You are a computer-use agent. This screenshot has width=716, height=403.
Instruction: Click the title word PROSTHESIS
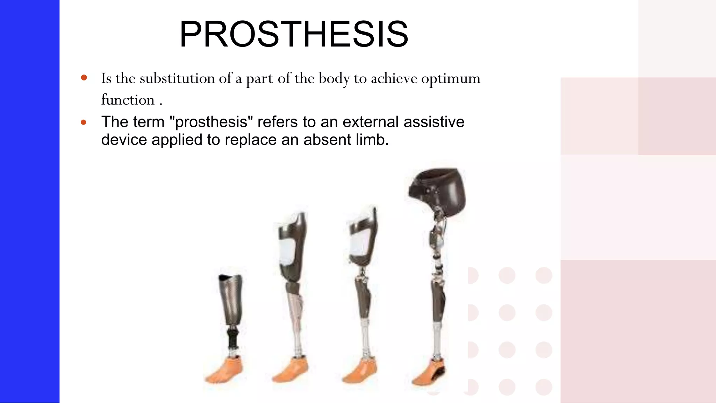pyautogui.click(x=294, y=34)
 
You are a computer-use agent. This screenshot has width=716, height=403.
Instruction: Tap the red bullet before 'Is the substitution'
pyautogui.click(x=84, y=78)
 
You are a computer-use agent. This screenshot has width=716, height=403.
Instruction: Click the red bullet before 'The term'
pyautogui.click(x=84, y=122)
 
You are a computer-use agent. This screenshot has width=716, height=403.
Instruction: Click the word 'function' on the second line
pyautogui.click(x=128, y=100)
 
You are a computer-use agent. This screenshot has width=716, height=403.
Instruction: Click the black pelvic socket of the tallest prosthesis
pyautogui.click(x=438, y=189)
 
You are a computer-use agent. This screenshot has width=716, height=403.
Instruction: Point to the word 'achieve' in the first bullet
pyautogui.click(x=394, y=78)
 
